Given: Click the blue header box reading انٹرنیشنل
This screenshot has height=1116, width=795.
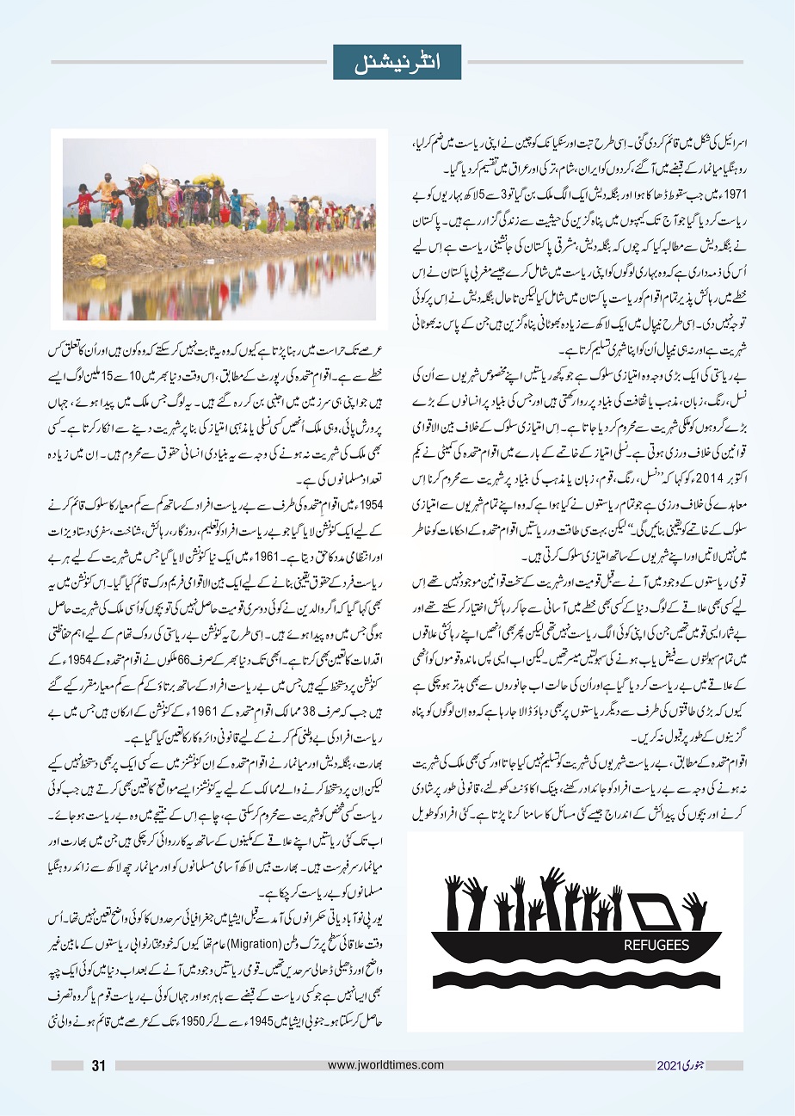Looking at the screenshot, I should (397, 62).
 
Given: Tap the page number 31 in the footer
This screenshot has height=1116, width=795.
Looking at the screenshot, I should (99, 1066).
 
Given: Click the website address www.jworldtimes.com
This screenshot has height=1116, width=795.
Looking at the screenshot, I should (385, 1065).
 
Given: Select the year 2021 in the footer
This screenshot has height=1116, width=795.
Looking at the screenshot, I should (669, 1066).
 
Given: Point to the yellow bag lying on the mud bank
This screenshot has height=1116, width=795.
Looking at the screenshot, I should (99, 259).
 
